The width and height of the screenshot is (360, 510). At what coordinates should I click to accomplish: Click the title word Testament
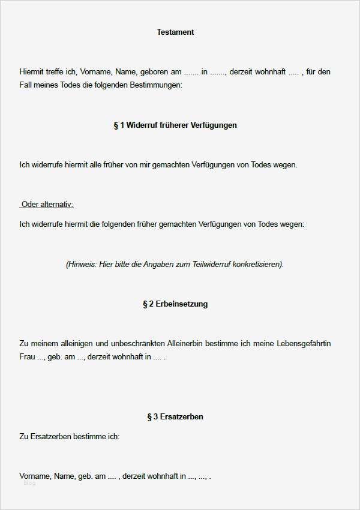tap(175, 32)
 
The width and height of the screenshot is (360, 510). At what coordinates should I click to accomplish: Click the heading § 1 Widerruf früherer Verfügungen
tap(175, 125)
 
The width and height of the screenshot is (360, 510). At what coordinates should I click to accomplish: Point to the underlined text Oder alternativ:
tap(47, 205)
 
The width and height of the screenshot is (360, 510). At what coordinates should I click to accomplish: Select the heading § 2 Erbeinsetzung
tap(175, 304)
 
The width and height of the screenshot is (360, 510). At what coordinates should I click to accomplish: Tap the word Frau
tap(28, 357)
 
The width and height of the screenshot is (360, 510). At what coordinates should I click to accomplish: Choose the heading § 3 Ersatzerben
tap(175, 416)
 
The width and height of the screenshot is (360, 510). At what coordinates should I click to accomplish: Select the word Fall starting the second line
tap(26, 85)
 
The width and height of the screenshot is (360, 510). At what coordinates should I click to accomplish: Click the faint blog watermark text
tap(29, 483)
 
